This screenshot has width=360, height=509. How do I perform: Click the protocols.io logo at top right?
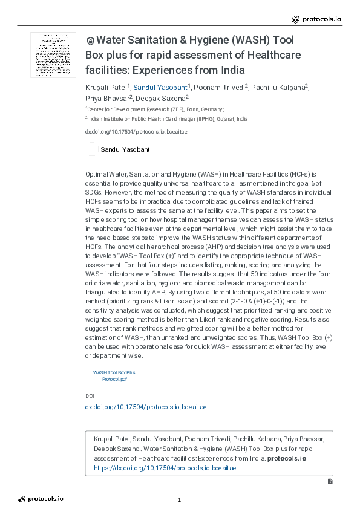pyautogui.click(x=316, y=19)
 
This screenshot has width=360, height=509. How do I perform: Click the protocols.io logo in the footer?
pyautogui.click(x=41, y=499)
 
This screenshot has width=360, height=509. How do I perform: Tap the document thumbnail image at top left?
pyautogui.click(x=53, y=54)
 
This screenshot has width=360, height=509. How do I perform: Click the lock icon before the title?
pyautogui.click(x=90, y=41)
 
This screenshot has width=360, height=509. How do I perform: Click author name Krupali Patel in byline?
pyautogui.click(x=105, y=88)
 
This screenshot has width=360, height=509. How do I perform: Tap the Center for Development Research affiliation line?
pyautogui.click(x=155, y=109)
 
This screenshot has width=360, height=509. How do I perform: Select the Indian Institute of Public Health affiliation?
pyautogui.click(x=166, y=119)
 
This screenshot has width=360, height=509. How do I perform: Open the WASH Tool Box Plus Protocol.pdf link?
pyautogui.click(x=114, y=376)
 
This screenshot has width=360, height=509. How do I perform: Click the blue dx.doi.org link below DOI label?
pyautogui.click(x=145, y=407)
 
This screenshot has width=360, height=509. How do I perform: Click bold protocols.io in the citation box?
pyautogui.click(x=286, y=458)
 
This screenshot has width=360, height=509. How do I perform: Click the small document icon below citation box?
pyautogui.click(x=330, y=482)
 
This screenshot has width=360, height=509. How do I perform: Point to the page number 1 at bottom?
pyautogui.click(x=180, y=499)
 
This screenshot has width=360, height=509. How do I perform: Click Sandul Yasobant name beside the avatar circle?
pyautogui.click(x=125, y=149)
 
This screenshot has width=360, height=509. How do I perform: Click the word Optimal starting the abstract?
pyautogui.click(x=96, y=173)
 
